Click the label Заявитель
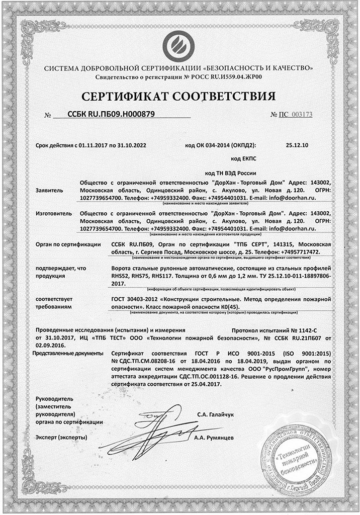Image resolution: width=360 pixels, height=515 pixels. (50, 191)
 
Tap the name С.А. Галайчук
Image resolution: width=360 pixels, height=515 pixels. (216, 414)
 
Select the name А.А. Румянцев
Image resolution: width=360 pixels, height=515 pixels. (214, 438)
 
